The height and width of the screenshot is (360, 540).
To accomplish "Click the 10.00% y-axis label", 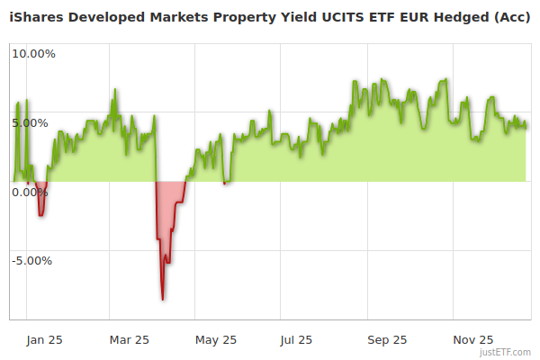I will [33, 53].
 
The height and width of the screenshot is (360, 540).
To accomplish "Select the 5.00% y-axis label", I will [33, 122].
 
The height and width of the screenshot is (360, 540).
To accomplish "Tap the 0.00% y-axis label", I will [30, 192].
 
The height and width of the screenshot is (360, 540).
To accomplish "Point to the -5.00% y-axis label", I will [31, 261].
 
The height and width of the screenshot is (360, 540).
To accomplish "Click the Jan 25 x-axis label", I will [44, 339].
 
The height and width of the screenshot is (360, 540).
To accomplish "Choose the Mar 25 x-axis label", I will [129, 339].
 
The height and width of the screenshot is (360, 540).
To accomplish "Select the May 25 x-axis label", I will [216, 339].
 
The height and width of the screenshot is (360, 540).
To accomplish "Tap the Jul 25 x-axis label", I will [297, 339].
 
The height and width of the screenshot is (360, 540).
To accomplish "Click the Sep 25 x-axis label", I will [387, 339].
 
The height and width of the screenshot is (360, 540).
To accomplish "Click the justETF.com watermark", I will [505, 352].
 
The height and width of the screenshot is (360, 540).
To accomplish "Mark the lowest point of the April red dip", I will [163, 299].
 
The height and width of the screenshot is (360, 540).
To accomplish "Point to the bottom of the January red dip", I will [40, 215].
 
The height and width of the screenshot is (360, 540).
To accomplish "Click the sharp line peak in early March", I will [114, 90].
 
